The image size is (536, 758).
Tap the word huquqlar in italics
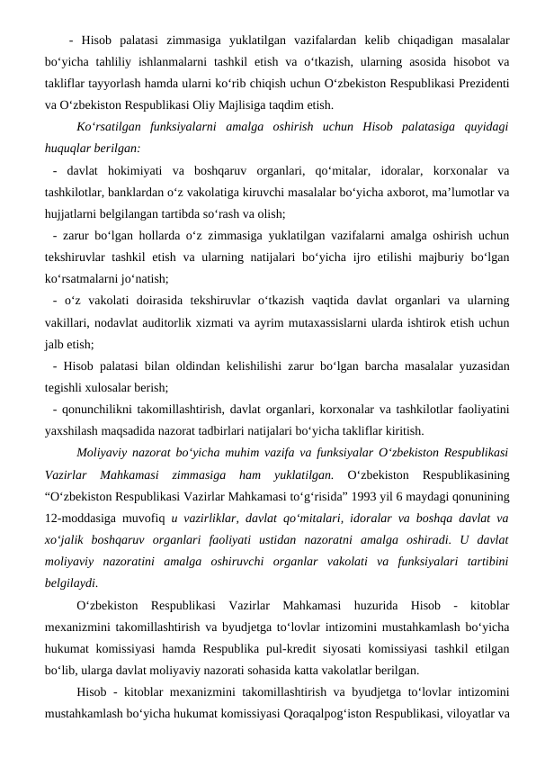point(71,148)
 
